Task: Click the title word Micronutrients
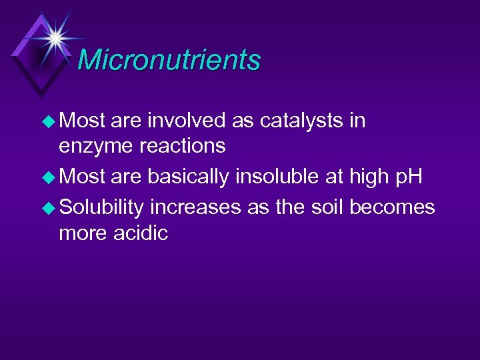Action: (x=169, y=60)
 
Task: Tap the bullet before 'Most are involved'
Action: (x=49, y=121)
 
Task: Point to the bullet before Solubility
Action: (x=49, y=207)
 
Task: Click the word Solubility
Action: (x=101, y=207)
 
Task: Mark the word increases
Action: (x=195, y=208)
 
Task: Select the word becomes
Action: (x=392, y=207)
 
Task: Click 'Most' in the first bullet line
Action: (x=83, y=121)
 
